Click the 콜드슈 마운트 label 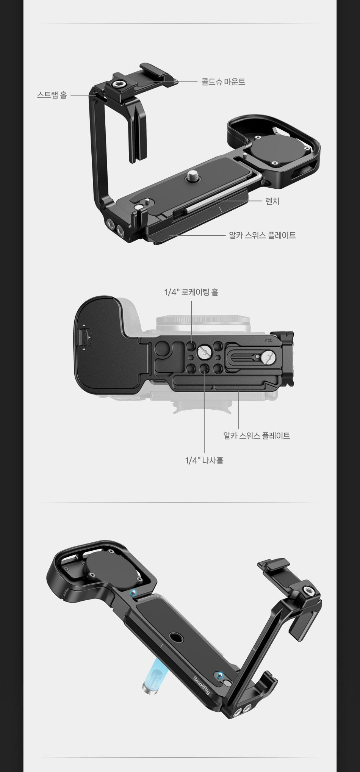click(x=223, y=82)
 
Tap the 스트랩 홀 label click(x=52, y=95)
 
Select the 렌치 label click(x=272, y=201)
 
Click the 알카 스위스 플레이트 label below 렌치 click(x=262, y=235)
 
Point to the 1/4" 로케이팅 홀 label click(x=191, y=292)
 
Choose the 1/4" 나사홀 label click(x=204, y=460)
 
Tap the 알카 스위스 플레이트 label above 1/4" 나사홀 click(x=257, y=436)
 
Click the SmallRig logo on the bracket click(x=202, y=686)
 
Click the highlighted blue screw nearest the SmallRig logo click(x=220, y=675)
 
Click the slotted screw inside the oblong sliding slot click(x=268, y=357)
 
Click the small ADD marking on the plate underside click(x=268, y=340)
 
